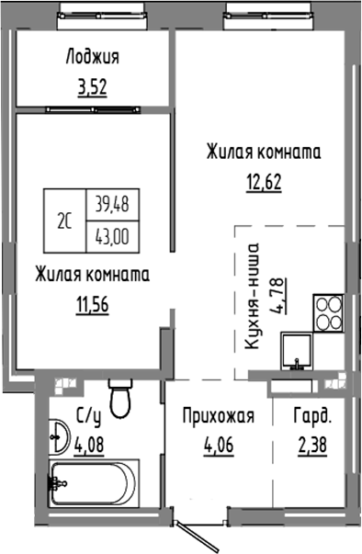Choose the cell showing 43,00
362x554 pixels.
coord(108,234)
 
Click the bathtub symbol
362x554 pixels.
coord(91,478)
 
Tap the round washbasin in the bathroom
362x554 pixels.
coord(57,436)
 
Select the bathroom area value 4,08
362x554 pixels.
coord(90,446)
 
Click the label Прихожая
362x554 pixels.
coord(216,415)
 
